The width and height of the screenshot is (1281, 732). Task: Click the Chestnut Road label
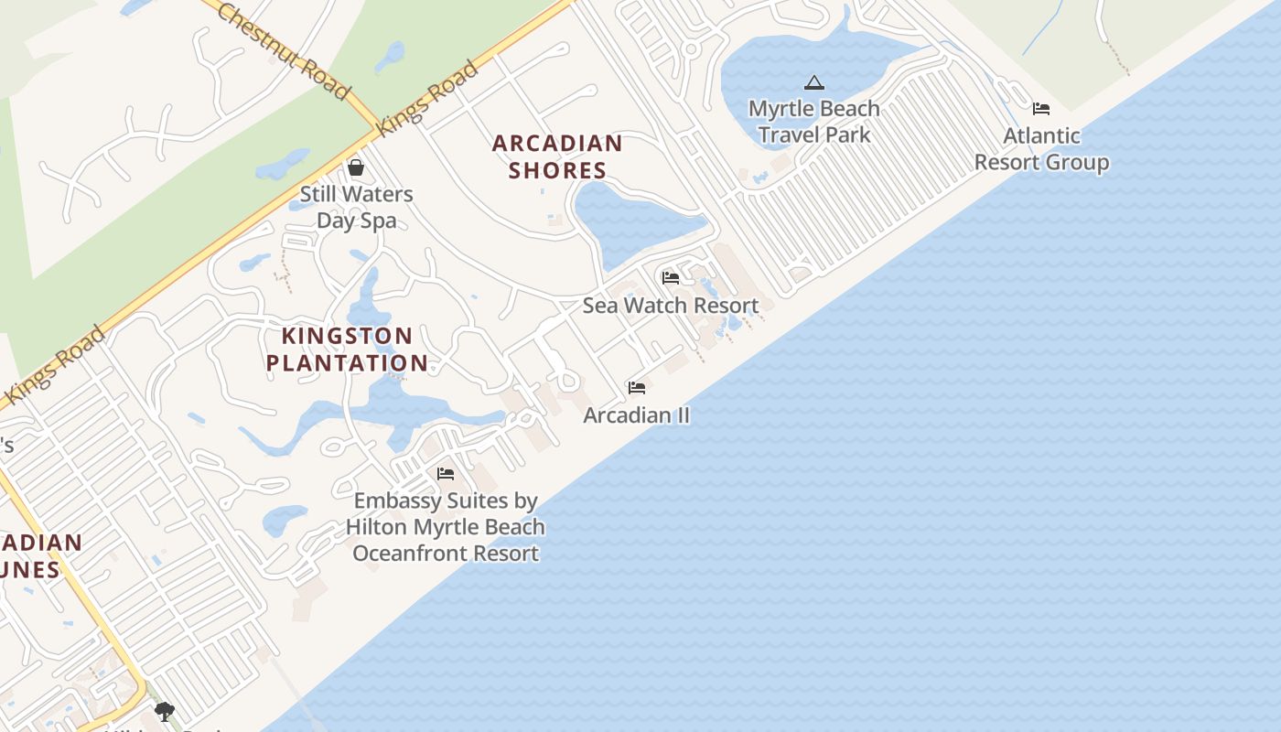click(x=284, y=50)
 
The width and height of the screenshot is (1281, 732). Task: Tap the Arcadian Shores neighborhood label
click(x=557, y=156)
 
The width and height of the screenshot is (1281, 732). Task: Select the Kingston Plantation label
click(x=347, y=349)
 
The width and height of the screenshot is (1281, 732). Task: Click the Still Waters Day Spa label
click(x=357, y=207)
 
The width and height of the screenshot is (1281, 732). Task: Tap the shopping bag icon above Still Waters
click(x=356, y=167)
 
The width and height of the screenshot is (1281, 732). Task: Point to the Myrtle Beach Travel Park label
click(x=814, y=122)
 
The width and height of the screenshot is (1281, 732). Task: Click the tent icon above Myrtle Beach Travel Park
click(x=814, y=83)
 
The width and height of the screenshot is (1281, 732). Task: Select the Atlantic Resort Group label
click(x=1041, y=149)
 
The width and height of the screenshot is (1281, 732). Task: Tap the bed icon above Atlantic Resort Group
click(x=1041, y=109)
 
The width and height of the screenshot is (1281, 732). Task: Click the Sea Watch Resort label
click(x=671, y=306)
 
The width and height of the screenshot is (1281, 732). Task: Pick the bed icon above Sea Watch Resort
click(x=671, y=278)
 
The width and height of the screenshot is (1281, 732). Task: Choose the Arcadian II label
click(x=637, y=415)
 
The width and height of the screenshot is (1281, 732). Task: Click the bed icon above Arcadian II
click(x=637, y=388)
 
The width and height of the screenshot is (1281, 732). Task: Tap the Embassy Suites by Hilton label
click(x=446, y=527)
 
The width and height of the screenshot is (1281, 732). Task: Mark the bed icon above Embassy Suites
click(x=446, y=474)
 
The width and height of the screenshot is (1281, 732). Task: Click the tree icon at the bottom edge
click(x=165, y=711)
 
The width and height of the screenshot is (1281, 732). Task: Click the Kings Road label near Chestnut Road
click(x=427, y=98)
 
